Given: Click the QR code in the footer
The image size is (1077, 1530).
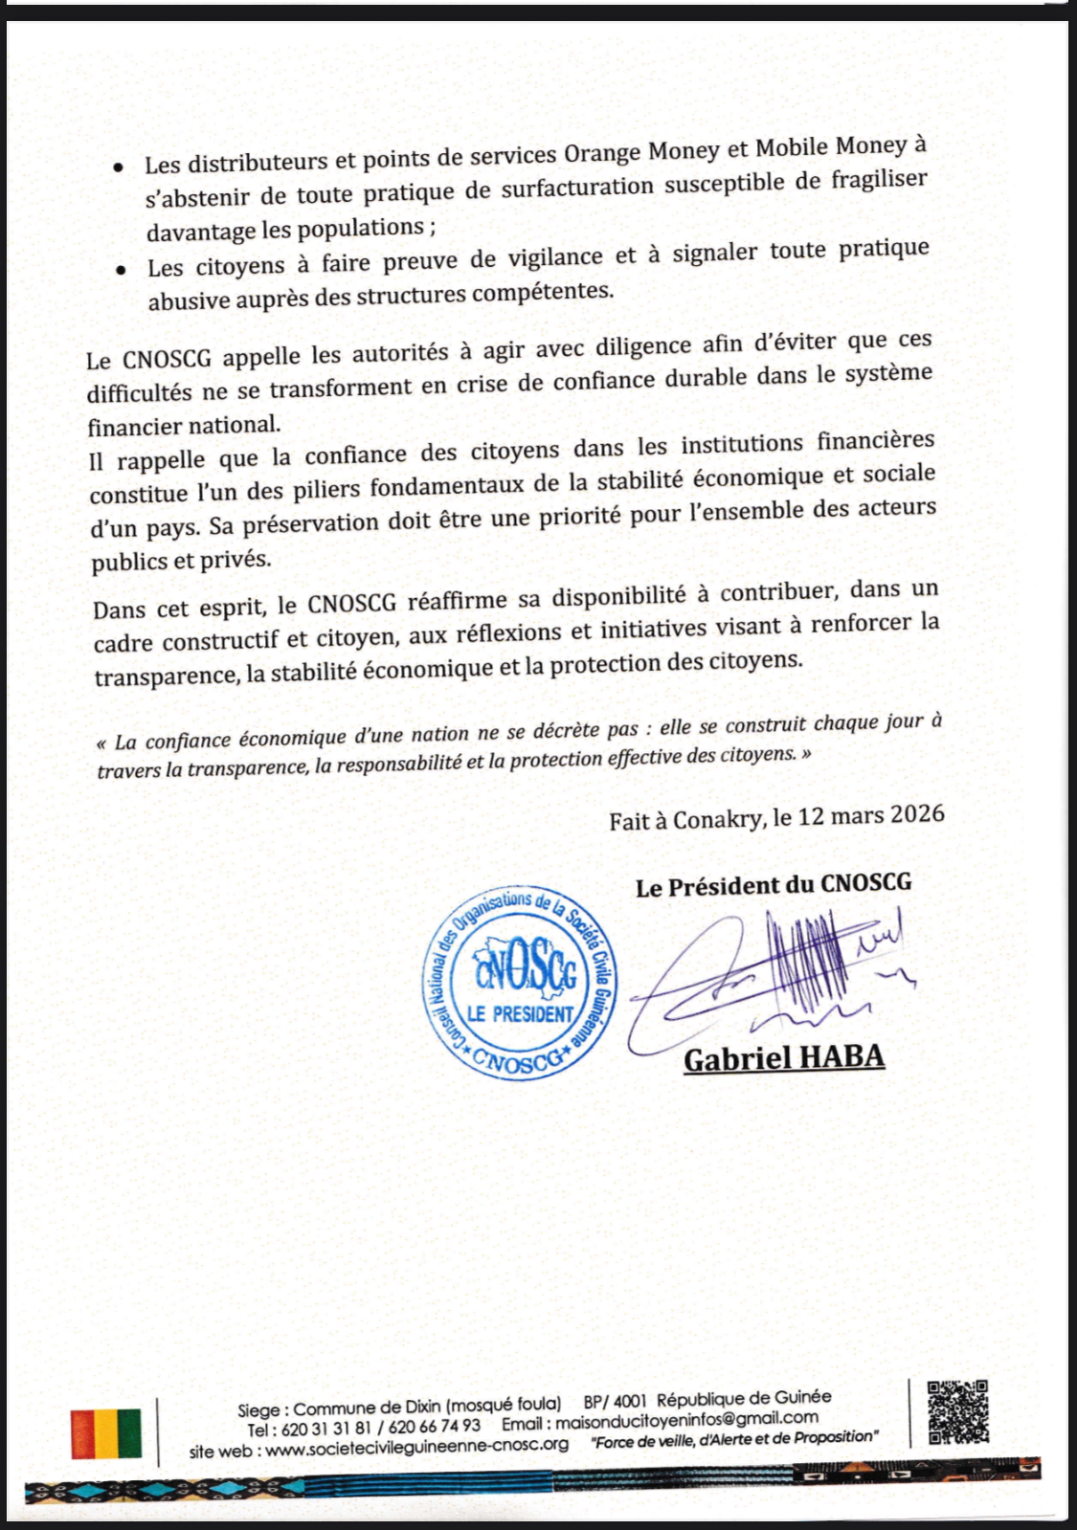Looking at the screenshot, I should tap(958, 1410).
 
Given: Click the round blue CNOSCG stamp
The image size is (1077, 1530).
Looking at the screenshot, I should tap(520, 982).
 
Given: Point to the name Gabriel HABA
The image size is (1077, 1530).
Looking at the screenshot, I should tap(783, 1058).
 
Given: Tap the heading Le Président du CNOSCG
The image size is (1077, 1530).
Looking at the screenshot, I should tap(774, 885).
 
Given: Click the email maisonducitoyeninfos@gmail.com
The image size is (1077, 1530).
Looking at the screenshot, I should tap(686, 1419).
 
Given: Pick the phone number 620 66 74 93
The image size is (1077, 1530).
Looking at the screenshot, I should tap(436, 1427).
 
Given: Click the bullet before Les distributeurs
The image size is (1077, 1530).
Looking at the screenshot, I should tap(118, 166).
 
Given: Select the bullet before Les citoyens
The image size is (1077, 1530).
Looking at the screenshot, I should tap(121, 271).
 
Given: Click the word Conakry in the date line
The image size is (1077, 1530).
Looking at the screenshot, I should tap(717, 820).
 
